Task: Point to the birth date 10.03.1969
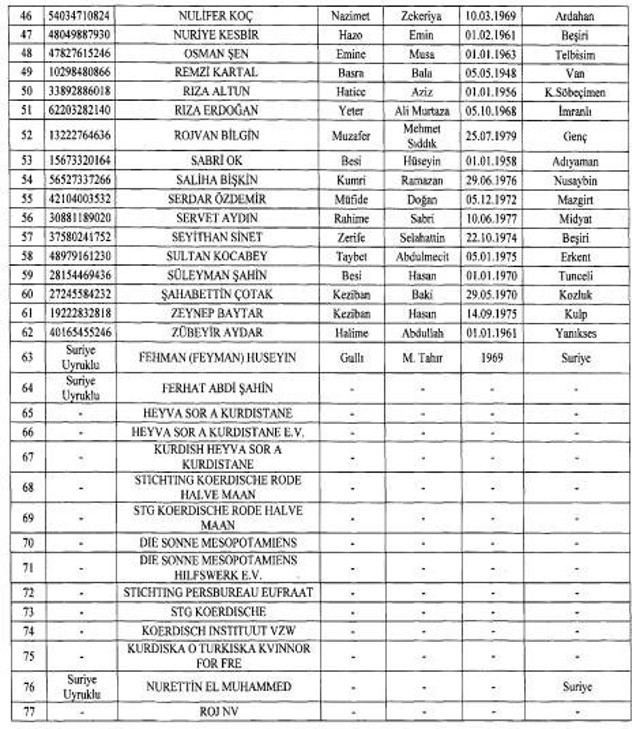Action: (492, 17)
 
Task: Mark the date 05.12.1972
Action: (492, 199)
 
